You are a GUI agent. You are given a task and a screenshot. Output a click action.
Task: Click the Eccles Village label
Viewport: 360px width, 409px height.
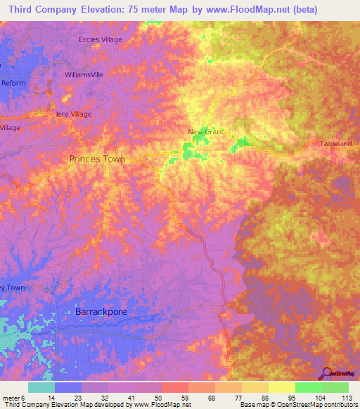[x=101, y=39]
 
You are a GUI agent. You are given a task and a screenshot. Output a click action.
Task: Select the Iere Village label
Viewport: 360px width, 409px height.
[x=73, y=114]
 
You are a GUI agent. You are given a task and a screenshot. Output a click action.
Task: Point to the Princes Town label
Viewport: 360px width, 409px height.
[x=97, y=159]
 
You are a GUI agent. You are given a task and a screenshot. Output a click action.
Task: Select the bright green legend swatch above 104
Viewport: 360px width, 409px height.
[x=309, y=387]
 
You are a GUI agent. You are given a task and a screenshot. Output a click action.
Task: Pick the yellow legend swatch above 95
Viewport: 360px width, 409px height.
[x=282, y=387]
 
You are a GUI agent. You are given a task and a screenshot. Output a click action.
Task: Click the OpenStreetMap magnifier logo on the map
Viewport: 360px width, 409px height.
[x=326, y=373]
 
